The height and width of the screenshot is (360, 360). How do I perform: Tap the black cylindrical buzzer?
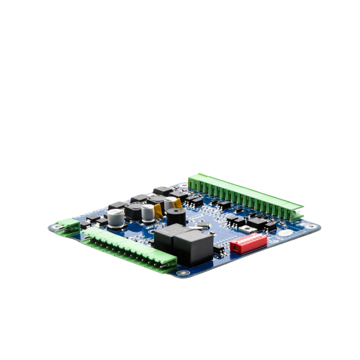point(174,217)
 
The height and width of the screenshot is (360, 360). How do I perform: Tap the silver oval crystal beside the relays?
point(203,229)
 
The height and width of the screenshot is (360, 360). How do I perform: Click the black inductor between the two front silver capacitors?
point(134,212)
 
